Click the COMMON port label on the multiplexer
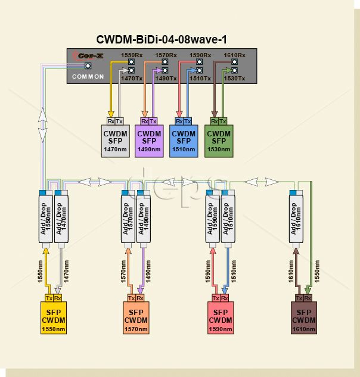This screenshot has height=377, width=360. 88,77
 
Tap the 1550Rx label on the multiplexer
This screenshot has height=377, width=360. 132,55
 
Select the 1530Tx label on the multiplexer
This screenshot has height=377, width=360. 234,78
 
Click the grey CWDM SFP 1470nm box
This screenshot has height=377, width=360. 115,141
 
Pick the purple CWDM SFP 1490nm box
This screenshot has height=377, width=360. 149,141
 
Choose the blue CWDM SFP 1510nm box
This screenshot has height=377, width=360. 183,141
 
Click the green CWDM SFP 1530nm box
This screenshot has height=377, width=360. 218,141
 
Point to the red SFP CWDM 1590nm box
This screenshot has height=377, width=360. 221,320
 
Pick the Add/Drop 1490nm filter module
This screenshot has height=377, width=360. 141,217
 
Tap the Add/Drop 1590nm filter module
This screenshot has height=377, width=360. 210,217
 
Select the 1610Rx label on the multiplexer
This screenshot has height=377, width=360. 234,55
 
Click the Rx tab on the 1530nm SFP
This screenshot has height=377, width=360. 214,121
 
